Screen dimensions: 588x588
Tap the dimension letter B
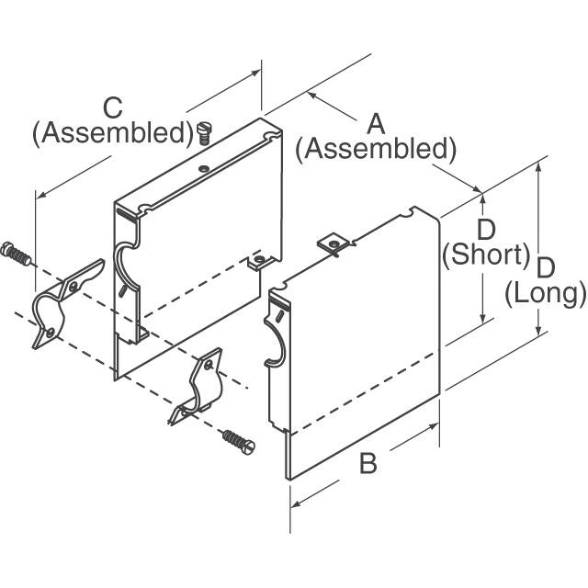367,464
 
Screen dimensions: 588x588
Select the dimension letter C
112,108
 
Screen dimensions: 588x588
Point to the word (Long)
546,294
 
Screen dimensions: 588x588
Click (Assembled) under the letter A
376,148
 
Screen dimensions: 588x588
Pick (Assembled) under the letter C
112,133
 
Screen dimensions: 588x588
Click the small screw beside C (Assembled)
204,134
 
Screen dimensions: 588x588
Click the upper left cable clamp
64,303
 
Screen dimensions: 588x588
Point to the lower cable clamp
198,386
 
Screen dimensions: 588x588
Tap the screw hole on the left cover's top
203,168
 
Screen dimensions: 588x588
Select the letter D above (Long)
546,267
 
